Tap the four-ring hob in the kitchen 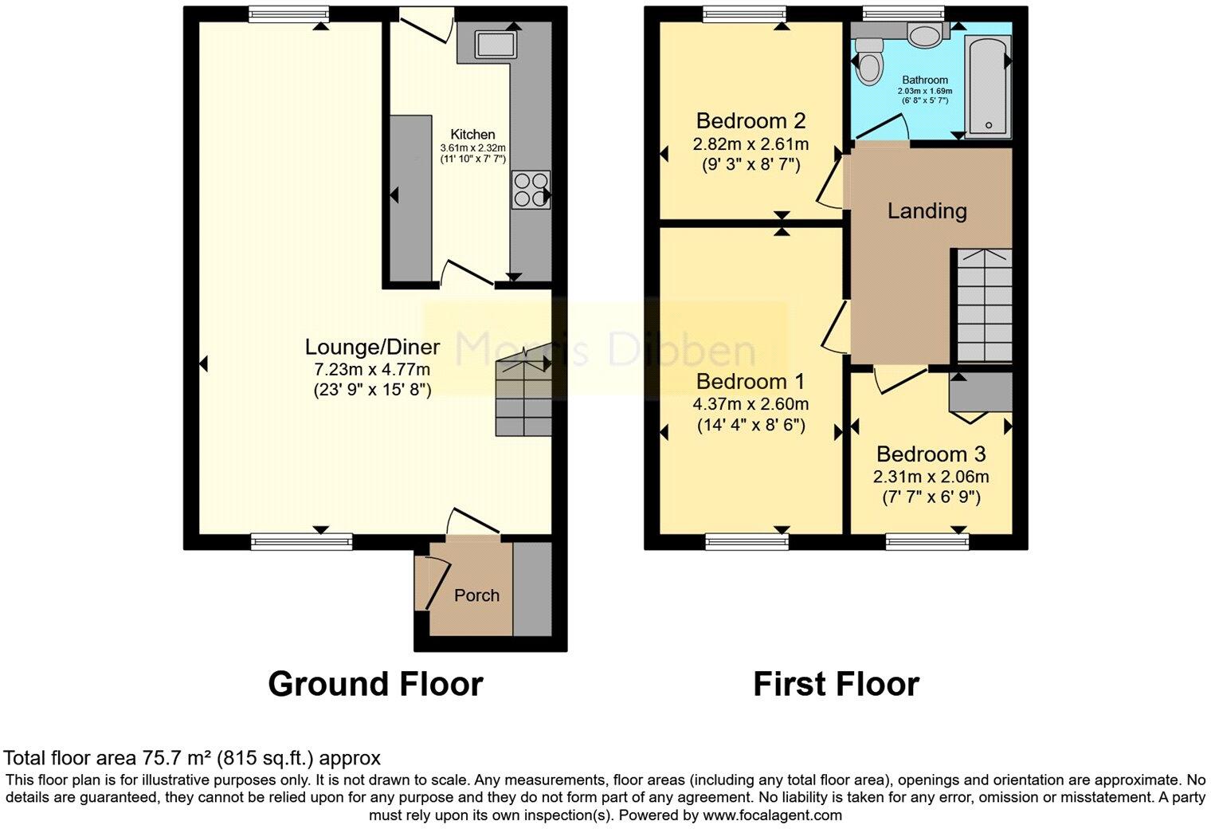531,190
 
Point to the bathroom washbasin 924,37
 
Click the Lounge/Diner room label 372,347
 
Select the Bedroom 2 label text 751,121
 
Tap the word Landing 927,211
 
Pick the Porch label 476,595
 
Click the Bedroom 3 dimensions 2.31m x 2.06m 931,477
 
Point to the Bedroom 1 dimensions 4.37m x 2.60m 750,404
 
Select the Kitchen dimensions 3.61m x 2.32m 473,147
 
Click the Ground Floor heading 375,684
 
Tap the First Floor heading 836,684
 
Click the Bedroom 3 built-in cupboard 980,393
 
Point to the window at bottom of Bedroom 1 747,542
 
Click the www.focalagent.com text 772,815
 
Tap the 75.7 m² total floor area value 171,758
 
